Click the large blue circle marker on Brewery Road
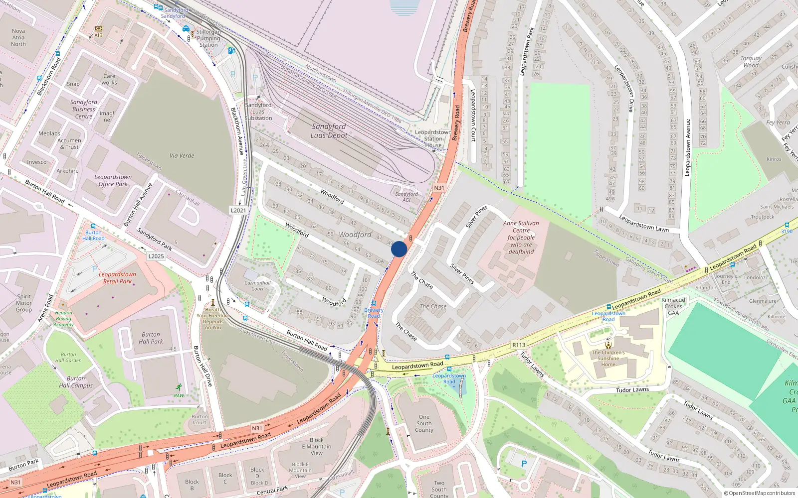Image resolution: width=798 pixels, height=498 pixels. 399,249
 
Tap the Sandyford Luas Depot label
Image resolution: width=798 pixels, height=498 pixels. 329,131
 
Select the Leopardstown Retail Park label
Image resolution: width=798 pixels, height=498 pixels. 117,278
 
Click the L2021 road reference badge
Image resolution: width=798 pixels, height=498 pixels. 238,210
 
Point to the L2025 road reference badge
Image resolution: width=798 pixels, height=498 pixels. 156,256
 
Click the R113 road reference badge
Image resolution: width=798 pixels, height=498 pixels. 519,345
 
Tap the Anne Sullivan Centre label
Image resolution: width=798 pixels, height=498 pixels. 521,238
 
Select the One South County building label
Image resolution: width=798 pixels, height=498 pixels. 424,423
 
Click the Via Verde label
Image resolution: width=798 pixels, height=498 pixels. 182,155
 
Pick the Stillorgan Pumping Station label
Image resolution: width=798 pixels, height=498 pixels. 208,38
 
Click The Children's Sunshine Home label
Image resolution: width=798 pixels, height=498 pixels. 608,358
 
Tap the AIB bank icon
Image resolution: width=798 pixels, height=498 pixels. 98,29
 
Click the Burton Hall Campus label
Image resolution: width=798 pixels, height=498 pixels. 76,382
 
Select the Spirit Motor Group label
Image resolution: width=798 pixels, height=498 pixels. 23,303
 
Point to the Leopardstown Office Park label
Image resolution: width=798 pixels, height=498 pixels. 113,180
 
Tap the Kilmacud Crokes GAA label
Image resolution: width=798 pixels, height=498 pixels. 673,306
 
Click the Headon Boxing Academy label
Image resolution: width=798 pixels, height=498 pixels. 63,319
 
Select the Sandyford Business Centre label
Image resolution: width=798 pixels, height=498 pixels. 83,109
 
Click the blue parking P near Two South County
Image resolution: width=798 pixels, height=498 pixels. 524,464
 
